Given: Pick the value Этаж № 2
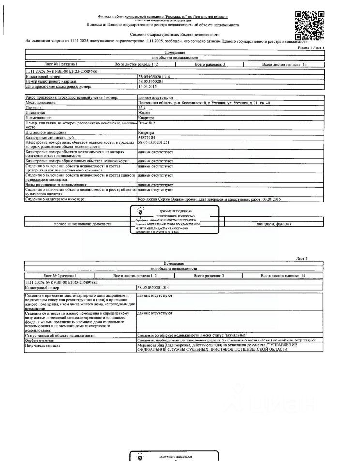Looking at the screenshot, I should (146, 124).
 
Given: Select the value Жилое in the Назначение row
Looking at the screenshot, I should (144, 112).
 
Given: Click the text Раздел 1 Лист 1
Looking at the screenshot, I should (311, 48).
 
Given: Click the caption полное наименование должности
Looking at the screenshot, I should (82, 224).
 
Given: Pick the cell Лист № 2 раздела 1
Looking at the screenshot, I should (60, 275).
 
